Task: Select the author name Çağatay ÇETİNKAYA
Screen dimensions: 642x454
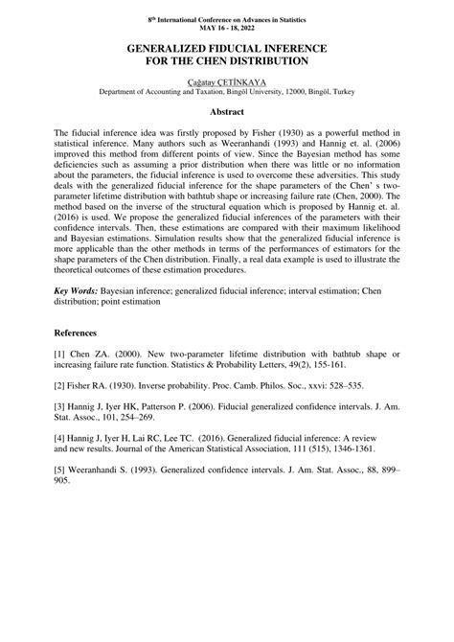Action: [x=226, y=81]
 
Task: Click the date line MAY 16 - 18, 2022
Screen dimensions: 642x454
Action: [x=226, y=26]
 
